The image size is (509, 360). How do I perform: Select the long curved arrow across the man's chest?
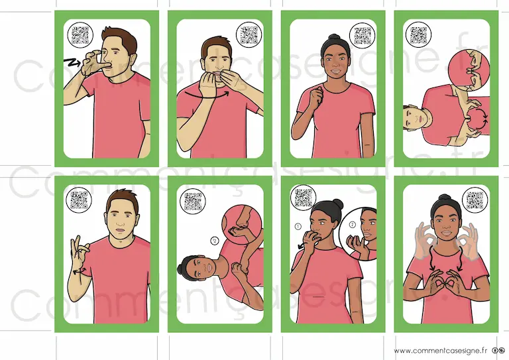207,96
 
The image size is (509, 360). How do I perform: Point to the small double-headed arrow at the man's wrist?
79,270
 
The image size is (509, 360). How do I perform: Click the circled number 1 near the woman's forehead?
298,226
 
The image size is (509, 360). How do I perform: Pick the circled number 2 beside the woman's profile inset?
353,225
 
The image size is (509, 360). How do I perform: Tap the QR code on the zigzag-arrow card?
80,34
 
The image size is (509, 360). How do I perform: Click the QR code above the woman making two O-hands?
475,200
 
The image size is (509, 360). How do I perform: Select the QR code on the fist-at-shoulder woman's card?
363,35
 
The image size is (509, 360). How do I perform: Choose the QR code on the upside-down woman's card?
193,202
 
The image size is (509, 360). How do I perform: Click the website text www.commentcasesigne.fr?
441,350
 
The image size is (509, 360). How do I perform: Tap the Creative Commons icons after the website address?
498,350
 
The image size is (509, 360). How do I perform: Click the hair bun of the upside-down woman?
180,269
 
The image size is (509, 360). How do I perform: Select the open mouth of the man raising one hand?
120,230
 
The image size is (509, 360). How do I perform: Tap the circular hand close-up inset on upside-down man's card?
469,69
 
